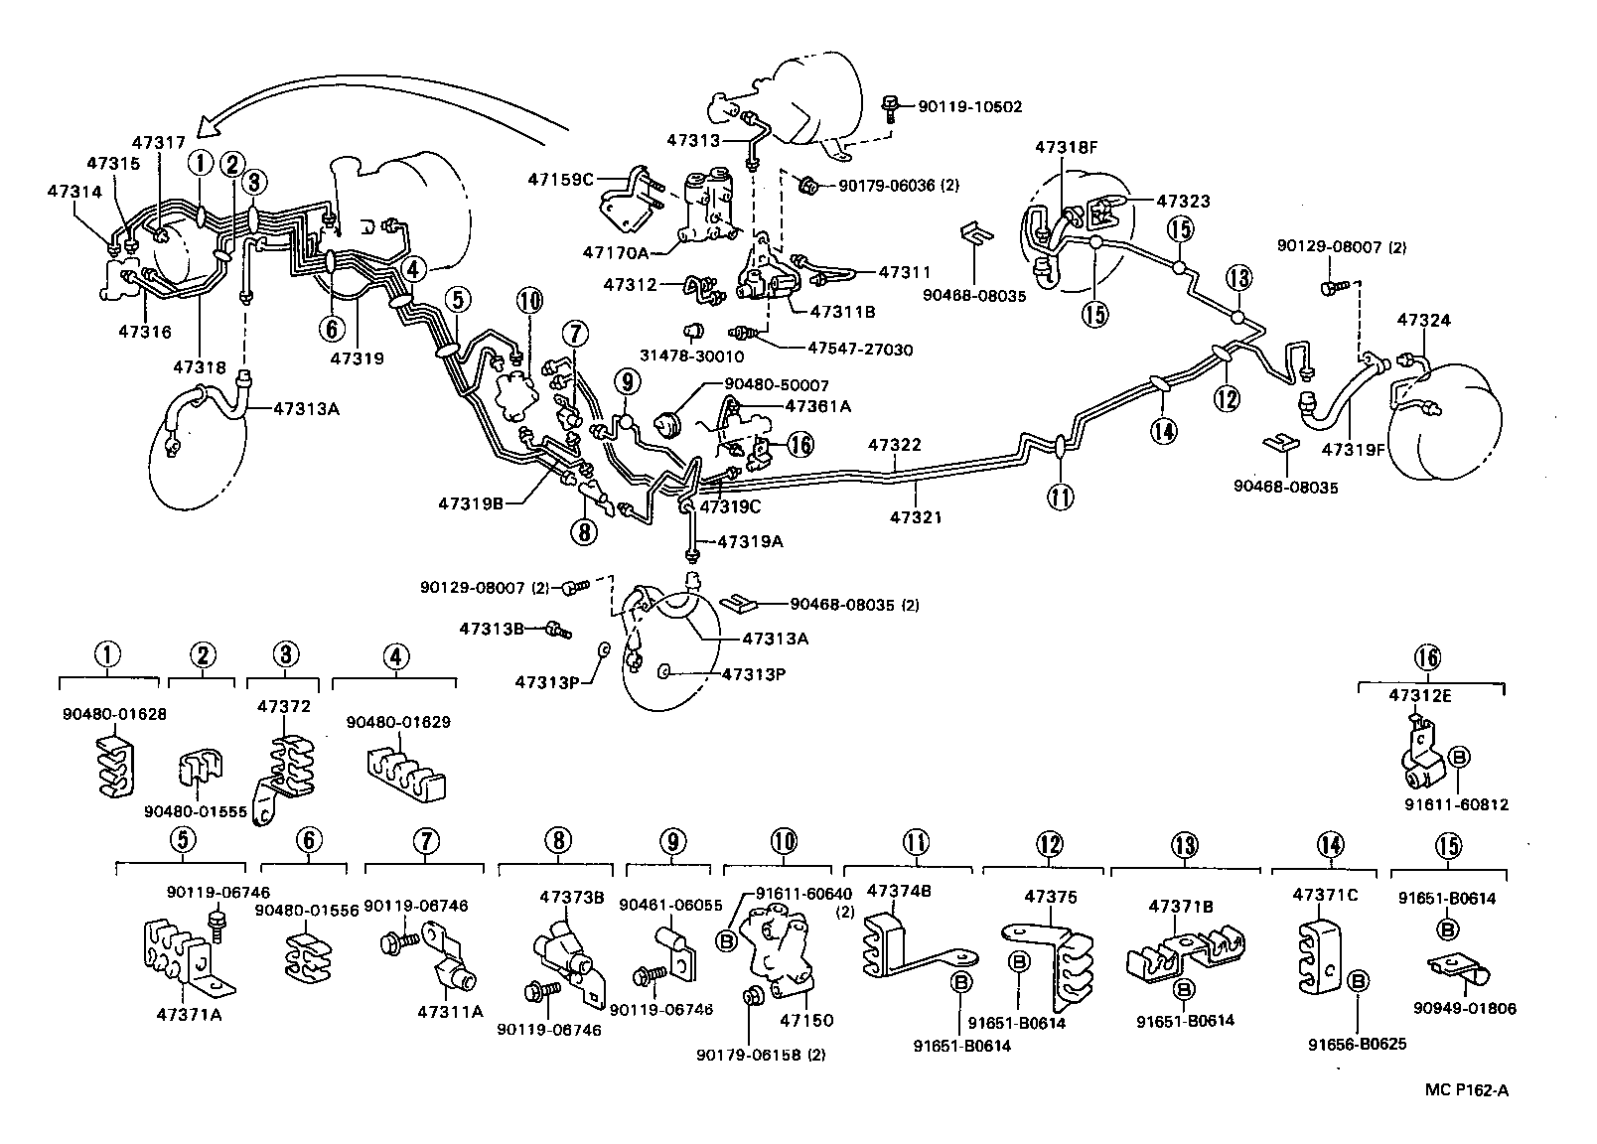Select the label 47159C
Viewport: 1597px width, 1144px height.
coord(560,180)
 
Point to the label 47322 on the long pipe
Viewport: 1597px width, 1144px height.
coord(895,445)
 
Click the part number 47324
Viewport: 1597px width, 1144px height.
coord(1424,320)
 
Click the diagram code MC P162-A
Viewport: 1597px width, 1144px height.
coord(1467,1090)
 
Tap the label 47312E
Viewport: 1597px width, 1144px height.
coord(1419,696)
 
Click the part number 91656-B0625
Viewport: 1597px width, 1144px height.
coord(1357,1044)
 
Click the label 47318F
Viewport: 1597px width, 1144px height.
coord(1066,146)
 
